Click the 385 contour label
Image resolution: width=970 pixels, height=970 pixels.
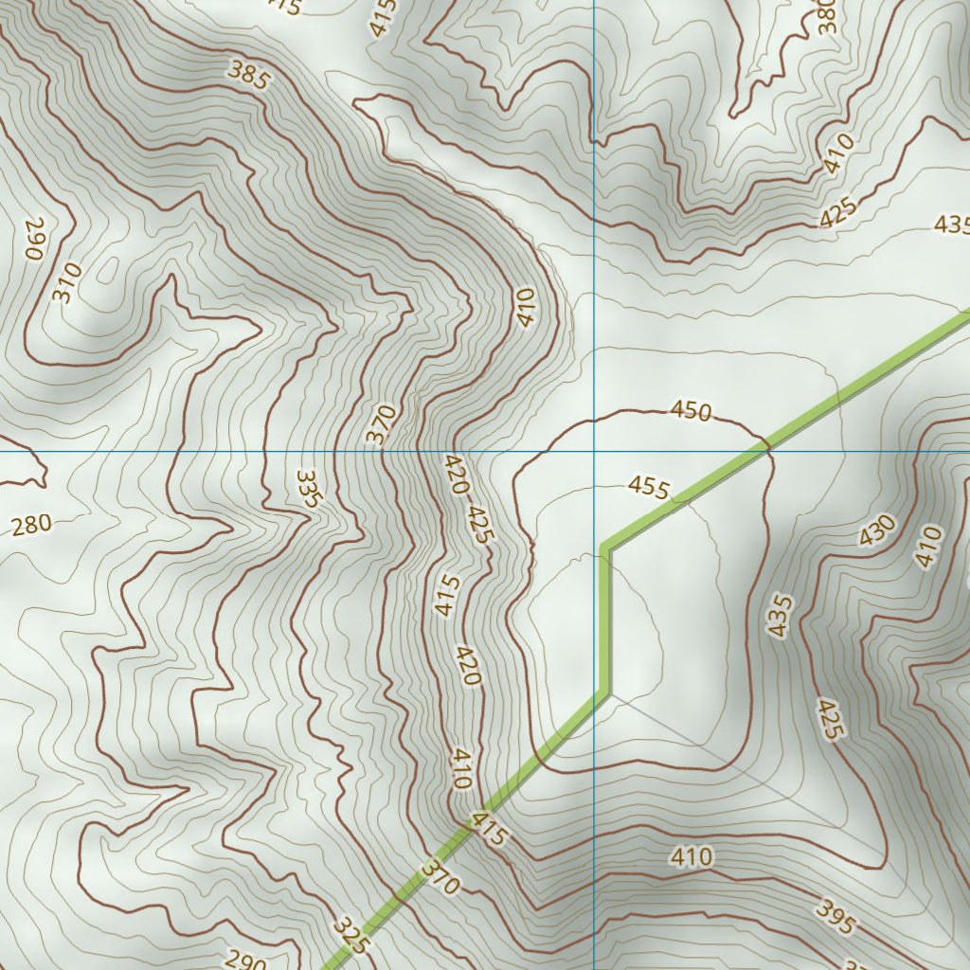point(248,74)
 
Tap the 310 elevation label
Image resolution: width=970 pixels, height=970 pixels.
point(66,282)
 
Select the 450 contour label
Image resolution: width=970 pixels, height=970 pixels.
point(691,410)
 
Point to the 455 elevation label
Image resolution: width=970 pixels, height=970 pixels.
point(649,488)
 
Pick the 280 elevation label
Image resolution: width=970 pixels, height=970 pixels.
point(31,525)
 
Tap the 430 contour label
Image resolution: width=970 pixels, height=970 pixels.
point(877,530)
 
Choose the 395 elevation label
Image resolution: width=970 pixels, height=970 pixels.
point(835,916)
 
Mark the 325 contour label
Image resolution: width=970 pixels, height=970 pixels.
point(350,934)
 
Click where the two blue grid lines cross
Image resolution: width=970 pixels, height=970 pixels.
point(594,451)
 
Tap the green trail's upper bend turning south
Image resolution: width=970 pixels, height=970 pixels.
point(605,548)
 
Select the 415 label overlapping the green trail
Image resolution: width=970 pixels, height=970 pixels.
point(490,828)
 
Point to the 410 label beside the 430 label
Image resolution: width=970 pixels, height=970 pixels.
point(929,547)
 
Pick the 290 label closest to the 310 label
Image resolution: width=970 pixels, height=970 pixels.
point(35,240)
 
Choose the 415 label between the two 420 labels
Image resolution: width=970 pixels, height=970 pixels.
point(448,595)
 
